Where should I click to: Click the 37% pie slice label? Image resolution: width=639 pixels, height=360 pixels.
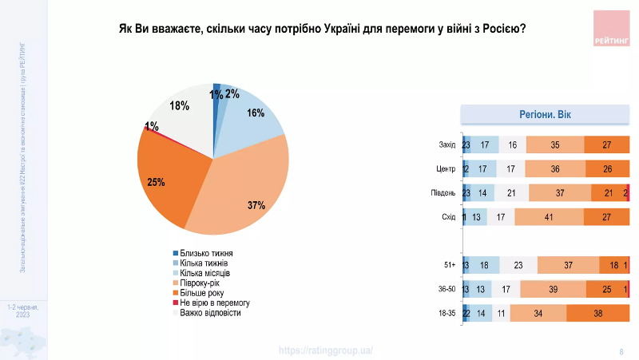256,205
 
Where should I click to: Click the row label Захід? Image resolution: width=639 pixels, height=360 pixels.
447,145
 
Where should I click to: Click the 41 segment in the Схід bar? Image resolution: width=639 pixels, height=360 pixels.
549,217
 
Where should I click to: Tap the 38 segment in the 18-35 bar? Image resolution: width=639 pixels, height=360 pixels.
598,314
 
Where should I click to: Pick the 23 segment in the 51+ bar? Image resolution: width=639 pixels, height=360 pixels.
518,266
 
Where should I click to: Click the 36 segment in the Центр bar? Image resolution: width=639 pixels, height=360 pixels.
555,169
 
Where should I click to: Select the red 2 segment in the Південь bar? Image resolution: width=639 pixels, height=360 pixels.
627,193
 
